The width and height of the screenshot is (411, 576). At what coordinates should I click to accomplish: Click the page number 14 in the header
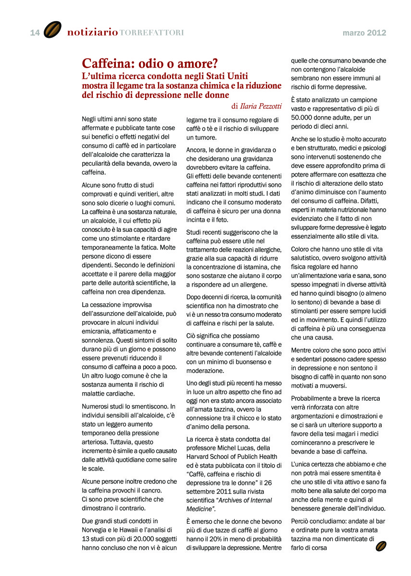(35, 33)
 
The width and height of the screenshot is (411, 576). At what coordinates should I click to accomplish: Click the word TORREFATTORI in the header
(151, 33)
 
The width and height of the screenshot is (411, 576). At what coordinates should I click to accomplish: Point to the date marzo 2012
(364, 33)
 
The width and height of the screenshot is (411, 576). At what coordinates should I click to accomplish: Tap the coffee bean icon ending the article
(381, 546)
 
